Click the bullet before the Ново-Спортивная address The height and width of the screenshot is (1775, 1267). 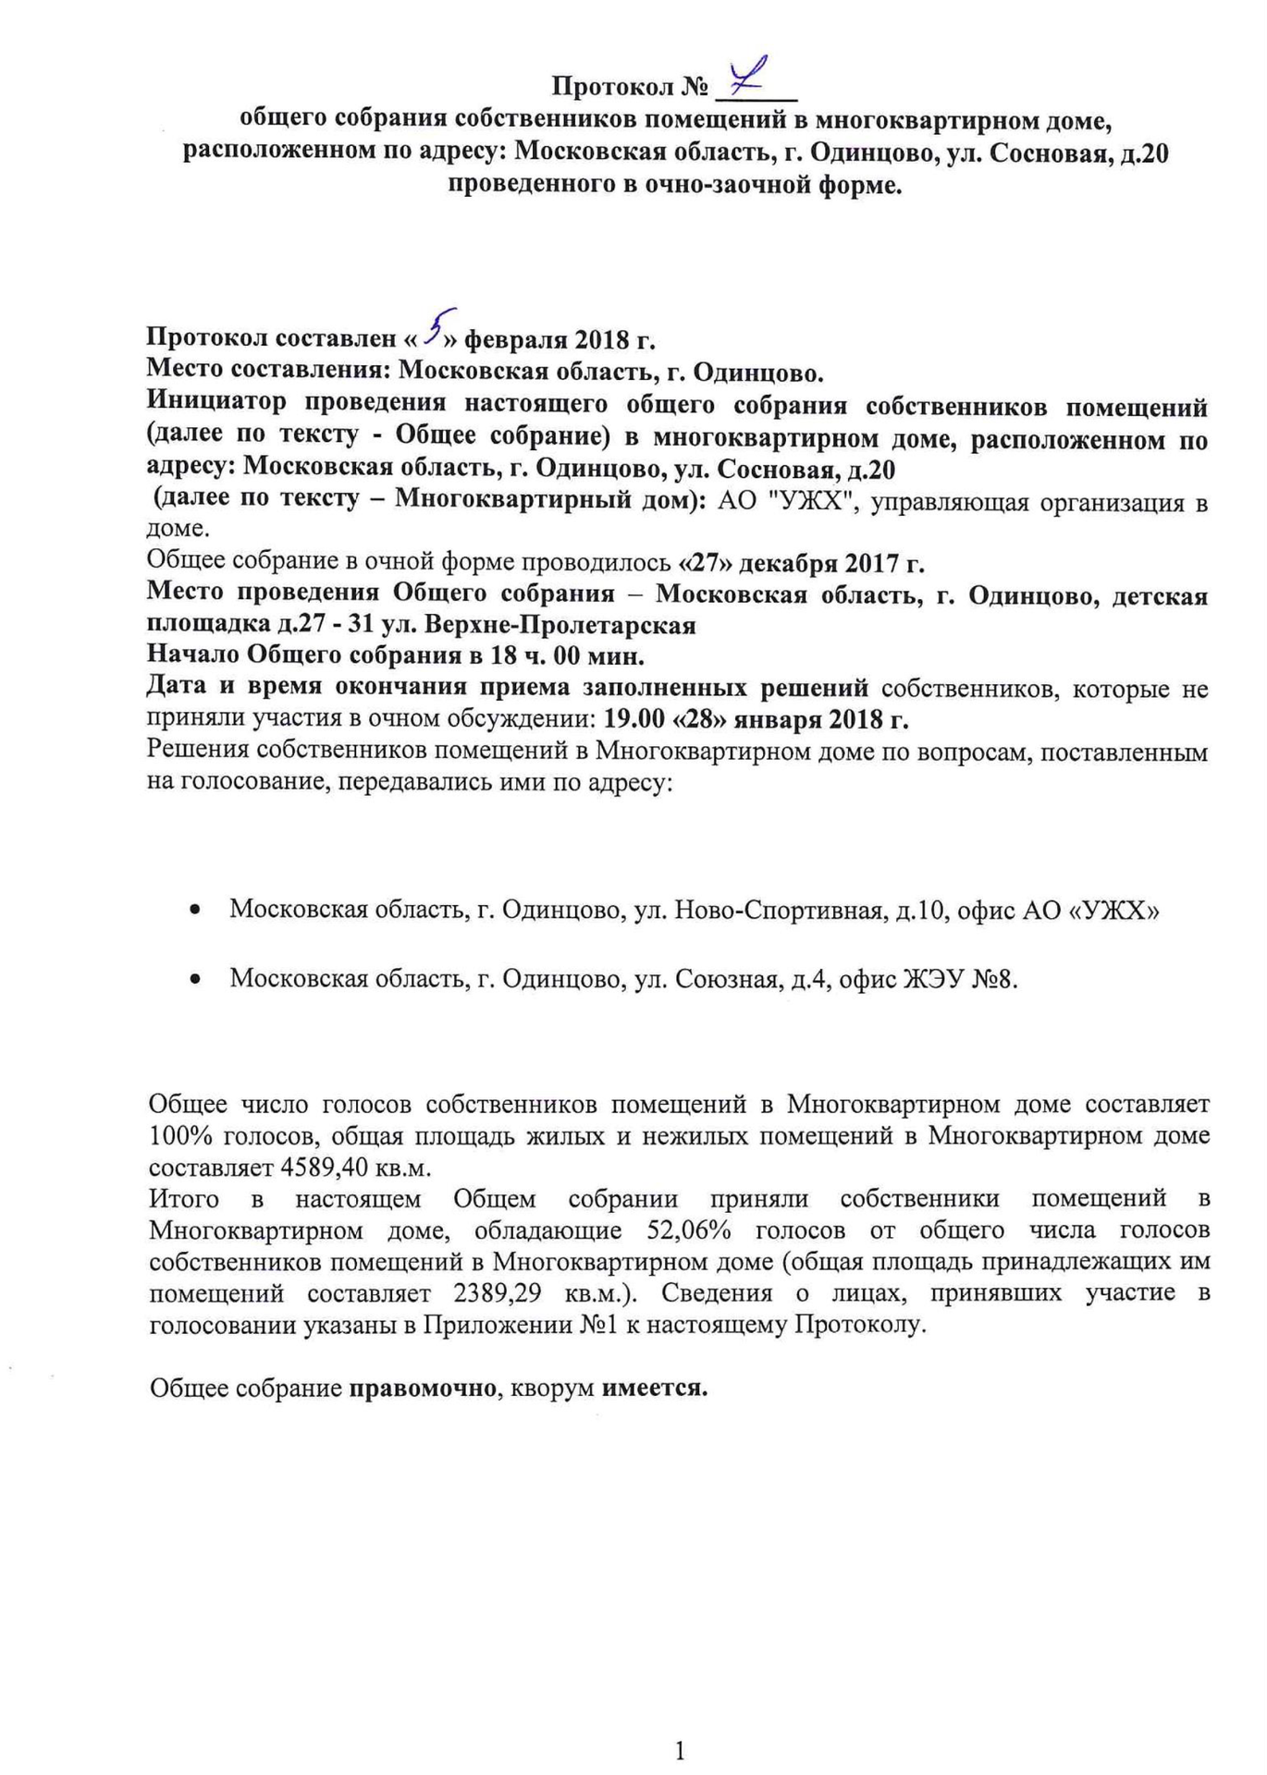pos(195,912)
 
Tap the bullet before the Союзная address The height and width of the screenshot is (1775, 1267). pos(195,980)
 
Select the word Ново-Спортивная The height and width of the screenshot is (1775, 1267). pos(777,911)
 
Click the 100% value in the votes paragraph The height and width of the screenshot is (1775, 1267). pos(181,1135)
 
